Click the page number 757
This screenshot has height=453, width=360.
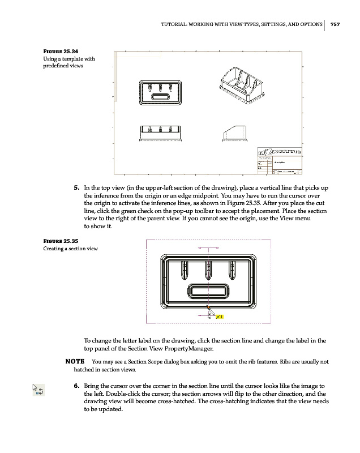pyautogui.click(x=335, y=24)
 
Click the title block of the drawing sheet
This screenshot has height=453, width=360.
pyautogui.click(x=280, y=161)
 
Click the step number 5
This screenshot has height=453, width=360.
pyautogui.click(x=76, y=187)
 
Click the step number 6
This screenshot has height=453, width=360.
pyautogui.click(x=76, y=386)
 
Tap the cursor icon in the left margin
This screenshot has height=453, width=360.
pyautogui.click(x=38, y=390)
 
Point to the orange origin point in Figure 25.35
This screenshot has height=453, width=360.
pyautogui.click(x=208, y=306)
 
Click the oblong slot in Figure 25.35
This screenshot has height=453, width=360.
pyautogui.click(x=208, y=292)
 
